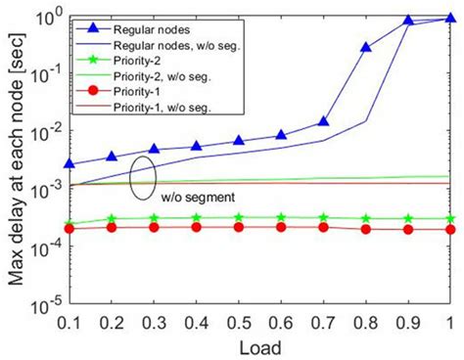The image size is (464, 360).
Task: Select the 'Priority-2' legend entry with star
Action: (x=143, y=61)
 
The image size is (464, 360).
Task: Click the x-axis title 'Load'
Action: (x=259, y=345)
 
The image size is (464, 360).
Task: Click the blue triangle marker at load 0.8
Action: (x=366, y=47)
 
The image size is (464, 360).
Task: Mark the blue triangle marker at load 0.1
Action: (x=68, y=163)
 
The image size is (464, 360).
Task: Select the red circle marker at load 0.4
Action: (x=196, y=227)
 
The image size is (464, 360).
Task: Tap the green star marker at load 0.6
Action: (x=281, y=217)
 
